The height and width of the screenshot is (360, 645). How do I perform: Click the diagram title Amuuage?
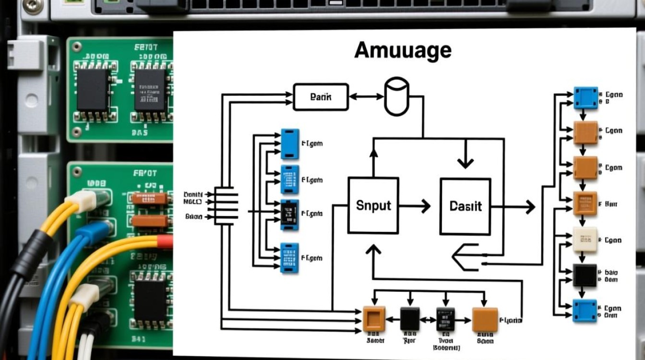[403, 50]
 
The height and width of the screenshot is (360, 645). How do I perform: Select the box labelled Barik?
[321, 97]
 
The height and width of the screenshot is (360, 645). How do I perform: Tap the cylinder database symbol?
[397, 97]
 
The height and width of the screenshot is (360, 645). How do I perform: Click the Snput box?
[373, 205]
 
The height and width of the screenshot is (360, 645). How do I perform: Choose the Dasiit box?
[465, 206]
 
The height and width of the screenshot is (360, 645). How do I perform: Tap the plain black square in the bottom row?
[410, 319]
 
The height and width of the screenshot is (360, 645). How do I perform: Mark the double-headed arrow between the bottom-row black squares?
[428, 319]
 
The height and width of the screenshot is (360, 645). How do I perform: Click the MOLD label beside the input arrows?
[193, 202]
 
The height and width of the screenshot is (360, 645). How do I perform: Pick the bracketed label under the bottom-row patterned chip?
[446, 347]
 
